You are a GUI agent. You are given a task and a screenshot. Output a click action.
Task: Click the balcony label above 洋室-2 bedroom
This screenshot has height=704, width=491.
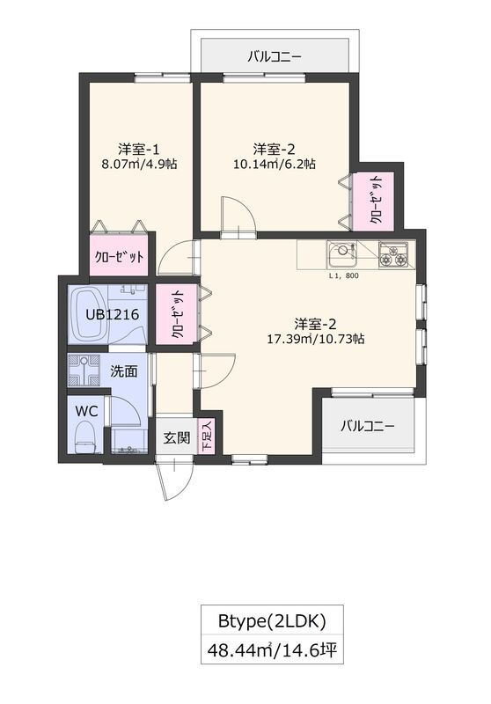tap(275, 57)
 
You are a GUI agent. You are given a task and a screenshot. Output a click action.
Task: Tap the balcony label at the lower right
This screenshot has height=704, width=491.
tap(368, 426)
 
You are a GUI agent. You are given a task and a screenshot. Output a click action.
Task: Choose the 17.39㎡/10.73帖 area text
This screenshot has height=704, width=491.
tap(316, 338)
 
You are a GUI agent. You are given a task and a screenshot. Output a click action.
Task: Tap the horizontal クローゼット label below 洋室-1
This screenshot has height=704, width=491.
tap(121, 258)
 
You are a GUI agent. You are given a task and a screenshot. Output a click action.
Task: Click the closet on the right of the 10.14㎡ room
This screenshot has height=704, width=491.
tap(376, 202)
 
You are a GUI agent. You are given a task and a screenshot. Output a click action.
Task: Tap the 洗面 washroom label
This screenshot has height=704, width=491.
tap(123, 371)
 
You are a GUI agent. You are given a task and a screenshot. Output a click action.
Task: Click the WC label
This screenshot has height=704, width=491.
tap(86, 410)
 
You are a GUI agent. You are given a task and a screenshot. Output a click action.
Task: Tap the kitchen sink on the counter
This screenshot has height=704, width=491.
tap(342, 256)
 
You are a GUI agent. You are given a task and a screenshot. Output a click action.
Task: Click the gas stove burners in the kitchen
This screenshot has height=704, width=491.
tap(393, 255)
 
